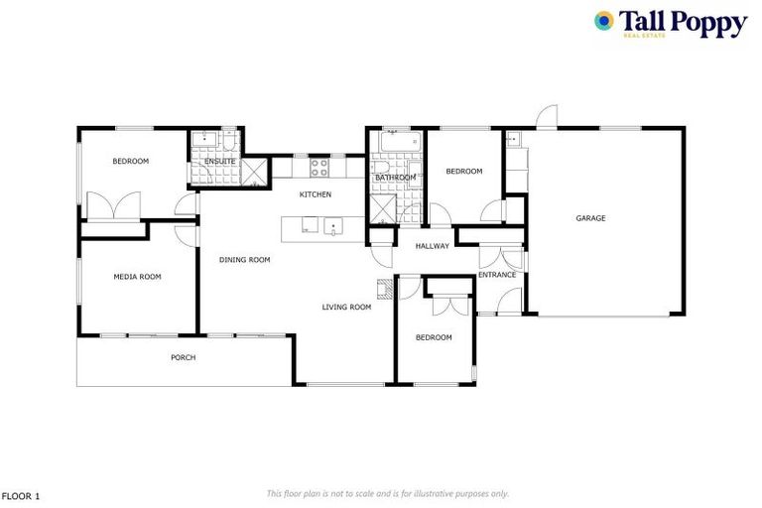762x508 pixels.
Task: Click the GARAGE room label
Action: (590, 218)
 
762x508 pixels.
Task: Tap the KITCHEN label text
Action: (316, 194)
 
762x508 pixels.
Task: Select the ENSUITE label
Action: (219, 161)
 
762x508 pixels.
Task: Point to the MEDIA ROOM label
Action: (137, 277)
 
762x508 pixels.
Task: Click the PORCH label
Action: (183, 357)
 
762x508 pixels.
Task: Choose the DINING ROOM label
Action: (245, 260)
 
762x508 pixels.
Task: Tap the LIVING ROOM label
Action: (346, 308)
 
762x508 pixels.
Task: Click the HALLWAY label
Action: (433, 246)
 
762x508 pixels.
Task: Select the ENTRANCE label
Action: (497, 275)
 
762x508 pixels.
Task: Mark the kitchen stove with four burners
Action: (319, 167)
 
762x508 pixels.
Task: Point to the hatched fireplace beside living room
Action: (383, 289)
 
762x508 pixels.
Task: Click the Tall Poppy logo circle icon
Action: (604, 20)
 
